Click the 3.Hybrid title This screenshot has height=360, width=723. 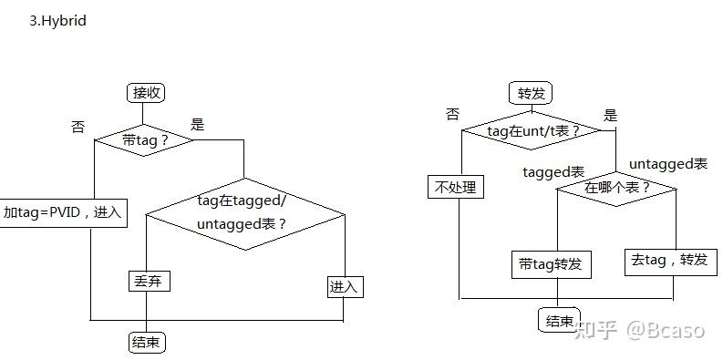pos(57,20)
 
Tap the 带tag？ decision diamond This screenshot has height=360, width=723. pos(145,140)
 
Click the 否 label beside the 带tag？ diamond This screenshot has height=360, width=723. pos(77,128)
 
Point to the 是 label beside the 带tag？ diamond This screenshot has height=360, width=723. pos(197,125)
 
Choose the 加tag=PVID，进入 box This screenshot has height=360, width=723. pos(62,212)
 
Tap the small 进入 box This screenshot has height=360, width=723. pos(345,287)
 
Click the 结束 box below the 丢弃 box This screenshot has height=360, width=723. pos(147,343)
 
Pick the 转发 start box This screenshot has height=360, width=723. pos(530,93)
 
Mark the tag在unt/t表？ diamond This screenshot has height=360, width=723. pos(533,130)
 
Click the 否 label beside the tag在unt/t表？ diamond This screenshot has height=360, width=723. pos(453,114)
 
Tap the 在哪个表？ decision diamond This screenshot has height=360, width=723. pos(617,188)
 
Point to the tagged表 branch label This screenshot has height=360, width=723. pos(553,171)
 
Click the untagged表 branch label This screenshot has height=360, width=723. pos(668,164)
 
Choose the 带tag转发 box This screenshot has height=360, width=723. pos(550,265)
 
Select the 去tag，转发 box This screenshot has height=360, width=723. pos(668,261)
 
